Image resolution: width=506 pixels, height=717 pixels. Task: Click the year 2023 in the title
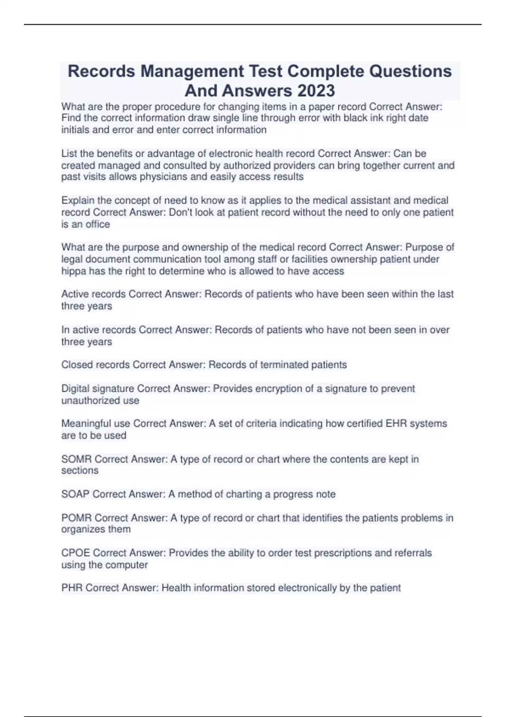click(x=316, y=91)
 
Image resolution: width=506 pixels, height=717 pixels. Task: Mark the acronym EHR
click(x=396, y=423)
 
